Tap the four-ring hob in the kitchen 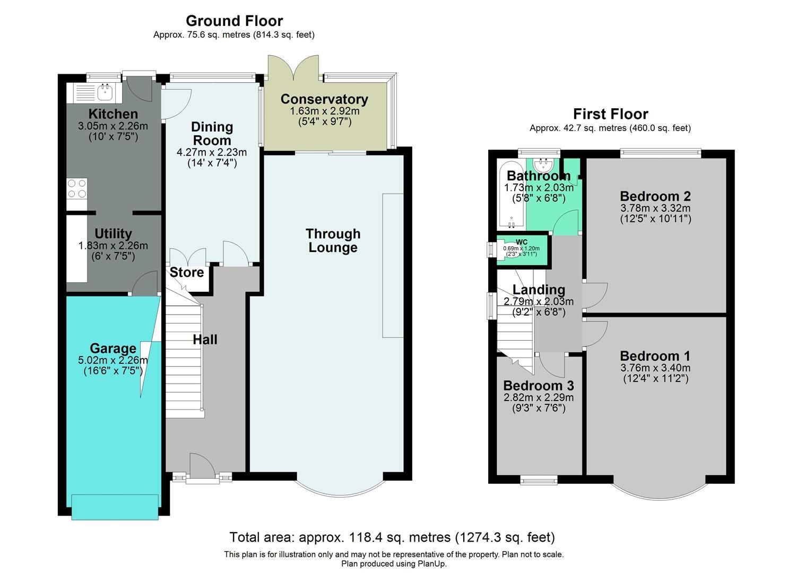76,189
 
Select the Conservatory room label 324,99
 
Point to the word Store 187,272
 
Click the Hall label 205,340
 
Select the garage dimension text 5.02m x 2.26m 113,360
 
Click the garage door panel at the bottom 115,507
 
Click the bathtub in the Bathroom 511,194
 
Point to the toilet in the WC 500,249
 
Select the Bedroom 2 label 655,196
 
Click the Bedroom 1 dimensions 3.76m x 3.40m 655,368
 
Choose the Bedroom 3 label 538,386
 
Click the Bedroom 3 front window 539,481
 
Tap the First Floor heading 610,114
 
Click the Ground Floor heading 234,21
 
